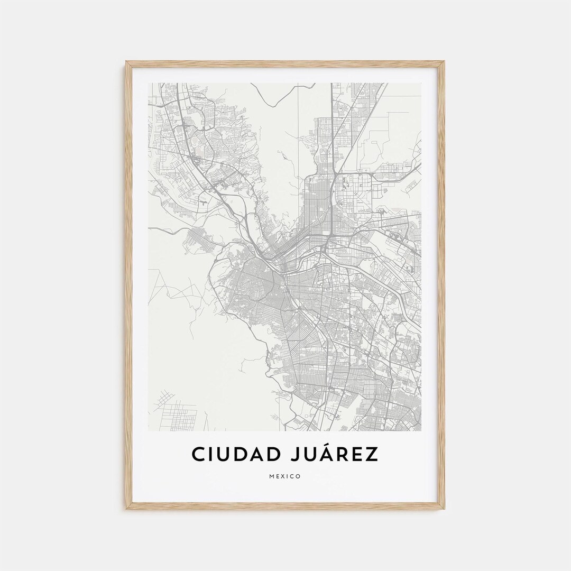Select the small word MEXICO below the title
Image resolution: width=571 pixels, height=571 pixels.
[285, 476]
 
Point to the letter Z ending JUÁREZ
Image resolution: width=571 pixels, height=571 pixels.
[373, 454]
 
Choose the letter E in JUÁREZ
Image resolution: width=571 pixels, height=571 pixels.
[358, 454]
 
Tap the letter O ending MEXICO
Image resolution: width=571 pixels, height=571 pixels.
[299, 476]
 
